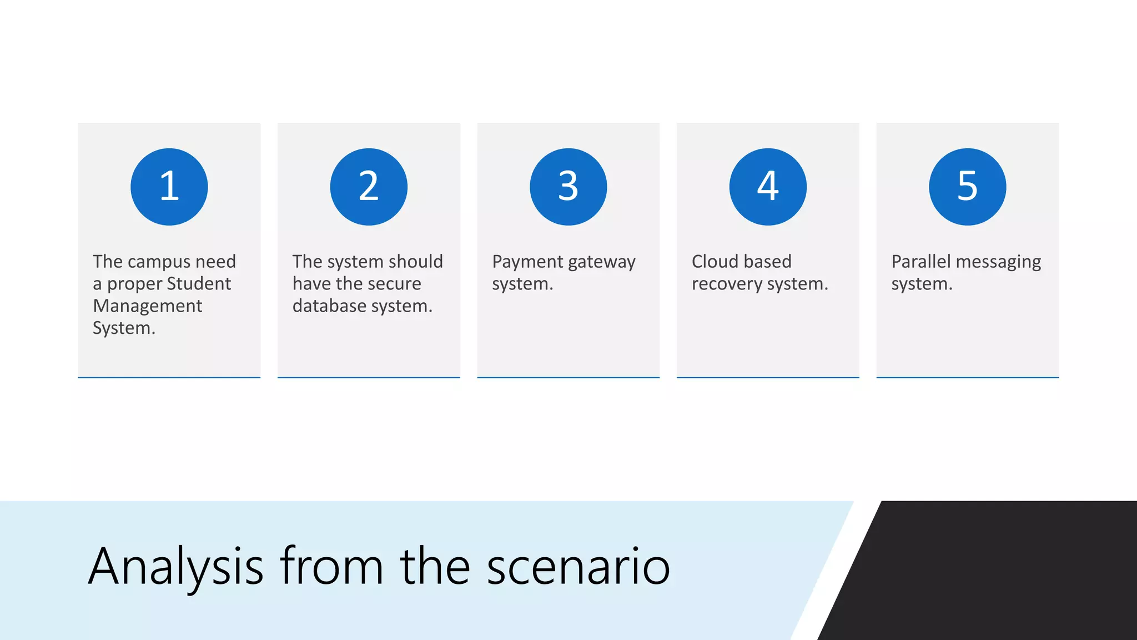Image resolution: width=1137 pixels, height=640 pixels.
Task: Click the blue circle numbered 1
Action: (x=169, y=187)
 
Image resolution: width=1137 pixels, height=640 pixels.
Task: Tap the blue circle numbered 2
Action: (x=369, y=187)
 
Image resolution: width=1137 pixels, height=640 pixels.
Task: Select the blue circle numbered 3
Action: (x=568, y=187)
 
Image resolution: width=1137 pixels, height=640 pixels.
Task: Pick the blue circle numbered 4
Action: (x=768, y=187)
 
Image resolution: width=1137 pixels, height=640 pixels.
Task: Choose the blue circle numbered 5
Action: (x=967, y=187)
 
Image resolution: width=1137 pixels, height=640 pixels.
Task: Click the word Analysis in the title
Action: (x=175, y=567)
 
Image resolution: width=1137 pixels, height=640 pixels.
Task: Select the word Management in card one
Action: (x=147, y=306)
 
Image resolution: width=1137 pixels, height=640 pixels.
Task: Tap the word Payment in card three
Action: (x=527, y=262)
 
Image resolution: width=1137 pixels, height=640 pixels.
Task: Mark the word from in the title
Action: (x=331, y=567)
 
